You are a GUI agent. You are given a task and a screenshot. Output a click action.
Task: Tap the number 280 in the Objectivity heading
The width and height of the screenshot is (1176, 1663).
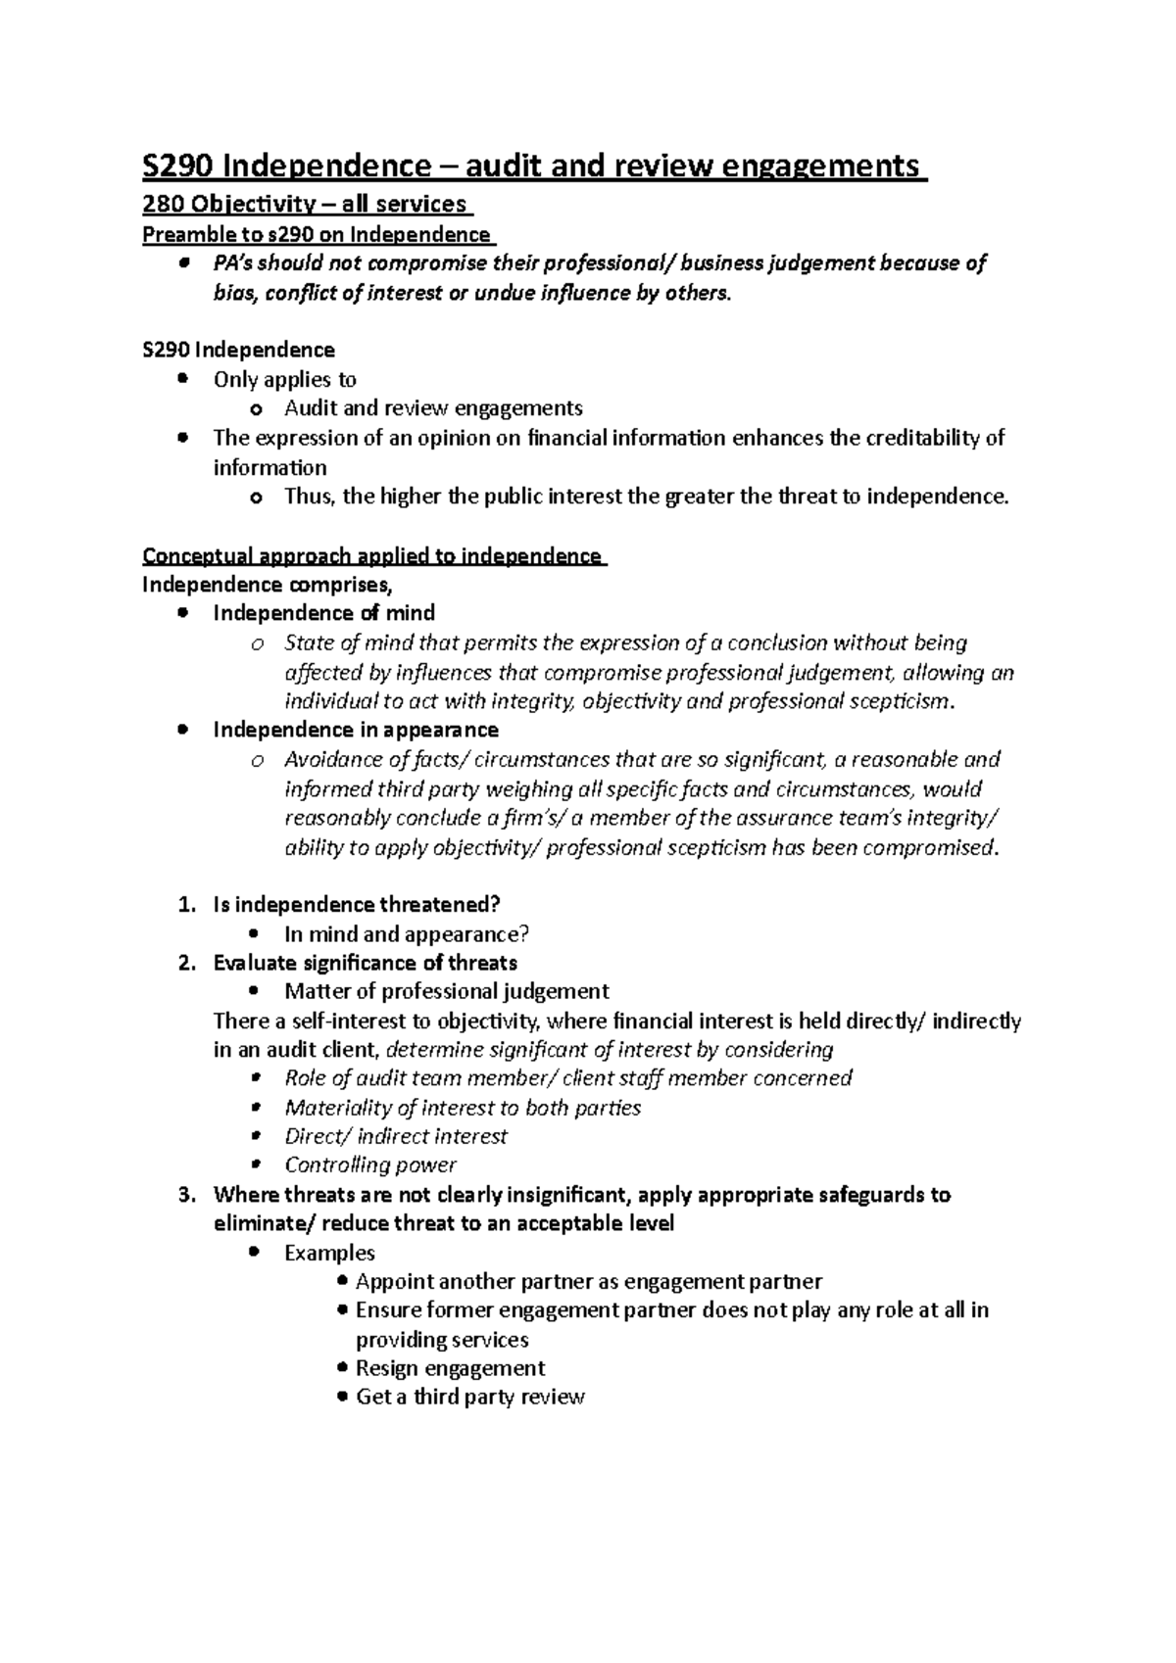(x=163, y=205)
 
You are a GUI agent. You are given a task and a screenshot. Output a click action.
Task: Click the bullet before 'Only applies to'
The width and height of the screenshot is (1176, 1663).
(x=182, y=380)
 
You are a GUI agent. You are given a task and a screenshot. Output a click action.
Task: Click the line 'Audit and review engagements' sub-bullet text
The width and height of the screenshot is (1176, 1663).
(x=433, y=408)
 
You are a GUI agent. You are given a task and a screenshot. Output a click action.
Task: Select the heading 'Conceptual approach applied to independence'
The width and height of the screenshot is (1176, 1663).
(x=371, y=556)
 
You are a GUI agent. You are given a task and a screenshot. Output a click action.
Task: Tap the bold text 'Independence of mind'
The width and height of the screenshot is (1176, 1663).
(x=323, y=613)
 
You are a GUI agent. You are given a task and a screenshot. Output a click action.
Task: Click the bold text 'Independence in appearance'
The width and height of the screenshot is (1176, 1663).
(x=356, y=730)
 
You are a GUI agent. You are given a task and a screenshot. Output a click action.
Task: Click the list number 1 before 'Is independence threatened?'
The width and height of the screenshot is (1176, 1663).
(x=186, y=905)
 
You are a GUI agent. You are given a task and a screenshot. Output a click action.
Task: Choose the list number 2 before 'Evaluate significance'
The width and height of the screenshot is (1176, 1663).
(x=186, y=963)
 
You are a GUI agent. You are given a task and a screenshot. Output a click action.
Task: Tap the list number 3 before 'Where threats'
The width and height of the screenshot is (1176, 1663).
(x=186, y=1195)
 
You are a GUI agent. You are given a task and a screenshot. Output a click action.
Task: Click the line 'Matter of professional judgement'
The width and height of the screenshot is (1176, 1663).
(x=446, y=991)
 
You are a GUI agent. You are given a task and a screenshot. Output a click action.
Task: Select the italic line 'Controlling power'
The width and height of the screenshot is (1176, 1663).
(x=369, y=1165)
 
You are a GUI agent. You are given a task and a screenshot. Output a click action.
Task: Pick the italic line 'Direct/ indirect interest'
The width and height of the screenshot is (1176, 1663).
(x=395, y=1136)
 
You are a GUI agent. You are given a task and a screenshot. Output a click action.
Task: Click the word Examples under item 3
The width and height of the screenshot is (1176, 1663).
(x=329, y=1253)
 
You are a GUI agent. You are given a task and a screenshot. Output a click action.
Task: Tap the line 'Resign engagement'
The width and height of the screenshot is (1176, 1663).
(x=450, y=1368)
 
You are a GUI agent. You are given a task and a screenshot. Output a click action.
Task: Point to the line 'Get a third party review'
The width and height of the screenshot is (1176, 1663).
(x=469, y=1397)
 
